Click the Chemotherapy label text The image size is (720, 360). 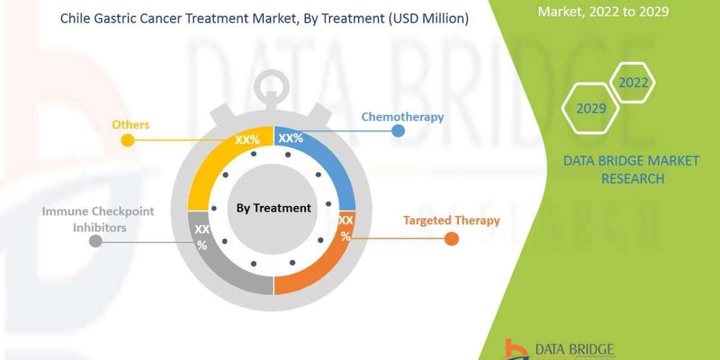tap(402, 116)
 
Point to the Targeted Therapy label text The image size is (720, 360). tap(451, 220)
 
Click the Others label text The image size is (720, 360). tap(130, 125)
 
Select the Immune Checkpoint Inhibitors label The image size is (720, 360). tap(98, 219)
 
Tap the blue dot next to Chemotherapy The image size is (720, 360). tap(398, 130)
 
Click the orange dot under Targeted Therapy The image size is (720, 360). tap(451, 239)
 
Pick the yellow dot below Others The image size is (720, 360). tap(127, 140)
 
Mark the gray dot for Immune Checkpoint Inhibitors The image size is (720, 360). tap(95, 241)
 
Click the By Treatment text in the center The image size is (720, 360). tap(274, 208)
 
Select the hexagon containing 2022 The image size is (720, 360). tap(633, 83)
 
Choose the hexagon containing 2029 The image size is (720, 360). tap(590, 109)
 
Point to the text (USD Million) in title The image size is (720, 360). tap(428, 19)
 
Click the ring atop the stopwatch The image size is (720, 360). tap(274, 82)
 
